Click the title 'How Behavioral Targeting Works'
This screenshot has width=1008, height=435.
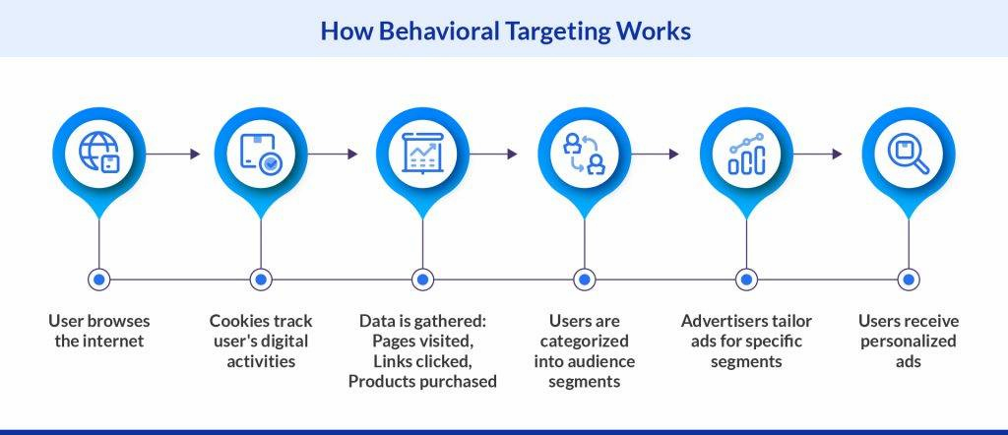pyautogui.click(x=505, y=31)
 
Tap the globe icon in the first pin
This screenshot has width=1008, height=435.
pyautogui.click(x=98, y=153)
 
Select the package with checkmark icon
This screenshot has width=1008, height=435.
pyautogui.click(x=260, y=153)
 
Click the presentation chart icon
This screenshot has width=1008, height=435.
pyautogui.click(x=422, y=153)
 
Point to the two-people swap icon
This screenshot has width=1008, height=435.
pyautogui.click(x=584, y=153)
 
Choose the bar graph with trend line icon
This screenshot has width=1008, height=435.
pyautogui.click(x=746, y=153)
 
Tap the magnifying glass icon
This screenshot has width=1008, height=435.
pyautogui.click(x=908, y=153)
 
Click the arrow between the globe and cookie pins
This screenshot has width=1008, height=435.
pyautogui.click(x=179, y=154)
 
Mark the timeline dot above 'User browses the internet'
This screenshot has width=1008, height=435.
pyautogui.click(x=98, y=280)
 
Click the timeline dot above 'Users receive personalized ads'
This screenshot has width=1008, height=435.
pyautogui.click(x=908, y=280)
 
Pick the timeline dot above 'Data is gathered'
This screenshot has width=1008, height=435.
pyautogui.click(x=422, y=280)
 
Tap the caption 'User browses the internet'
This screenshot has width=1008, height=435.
pyautogui.click(x=98, y=331)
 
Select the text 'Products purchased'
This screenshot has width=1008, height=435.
pyautogui.click(x=422, y=382)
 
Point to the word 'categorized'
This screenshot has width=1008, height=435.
pyautogui.click(x=585, y=341)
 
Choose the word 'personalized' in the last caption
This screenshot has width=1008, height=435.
pyautogui.click(x=908, y=341)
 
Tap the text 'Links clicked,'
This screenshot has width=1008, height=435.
pyautogui.click(x=422, y=361)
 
